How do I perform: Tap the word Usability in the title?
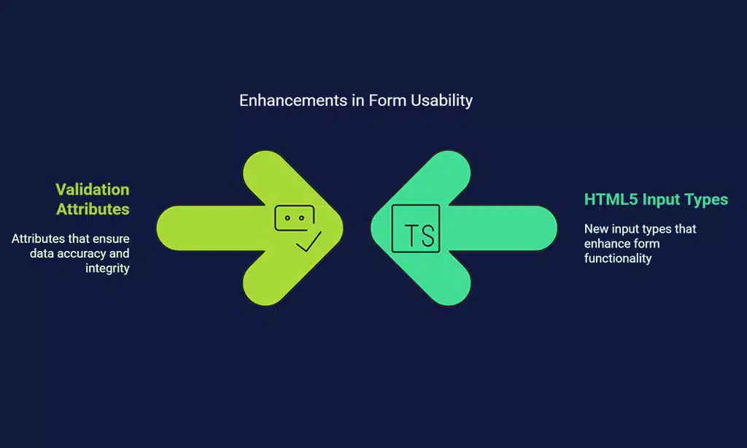[441, 101]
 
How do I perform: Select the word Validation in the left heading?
[93, 190]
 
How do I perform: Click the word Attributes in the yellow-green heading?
[94, 209]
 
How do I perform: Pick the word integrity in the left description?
[107, 269]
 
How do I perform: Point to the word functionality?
[617, 258]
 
